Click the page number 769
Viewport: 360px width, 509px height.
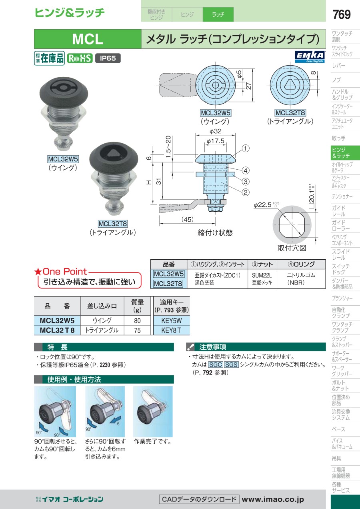tap(341, 14)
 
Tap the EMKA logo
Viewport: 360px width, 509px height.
tap(310, 56)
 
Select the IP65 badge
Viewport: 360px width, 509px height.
tap(108, 58)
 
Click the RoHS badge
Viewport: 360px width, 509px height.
tap(80, 58)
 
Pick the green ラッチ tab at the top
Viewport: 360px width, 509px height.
tap(218, 14)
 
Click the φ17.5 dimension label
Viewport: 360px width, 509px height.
tap(215, 141)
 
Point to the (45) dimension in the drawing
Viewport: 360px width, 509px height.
tap(187, 219)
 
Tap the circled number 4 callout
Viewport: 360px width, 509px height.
tap(246, 170)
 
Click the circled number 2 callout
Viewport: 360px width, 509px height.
tap(246, 192)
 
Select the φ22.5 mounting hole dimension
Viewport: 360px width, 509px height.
tap(266, 204)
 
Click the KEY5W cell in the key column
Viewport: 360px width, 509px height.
tap(172, 321)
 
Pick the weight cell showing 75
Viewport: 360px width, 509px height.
tap(137, 330)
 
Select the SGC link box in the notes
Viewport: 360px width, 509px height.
tap(216, 365)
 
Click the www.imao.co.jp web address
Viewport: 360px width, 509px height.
tap(273, 499)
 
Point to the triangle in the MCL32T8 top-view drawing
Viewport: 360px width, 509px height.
tap(290, 85)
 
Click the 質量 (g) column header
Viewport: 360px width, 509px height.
tap(137, 306)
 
